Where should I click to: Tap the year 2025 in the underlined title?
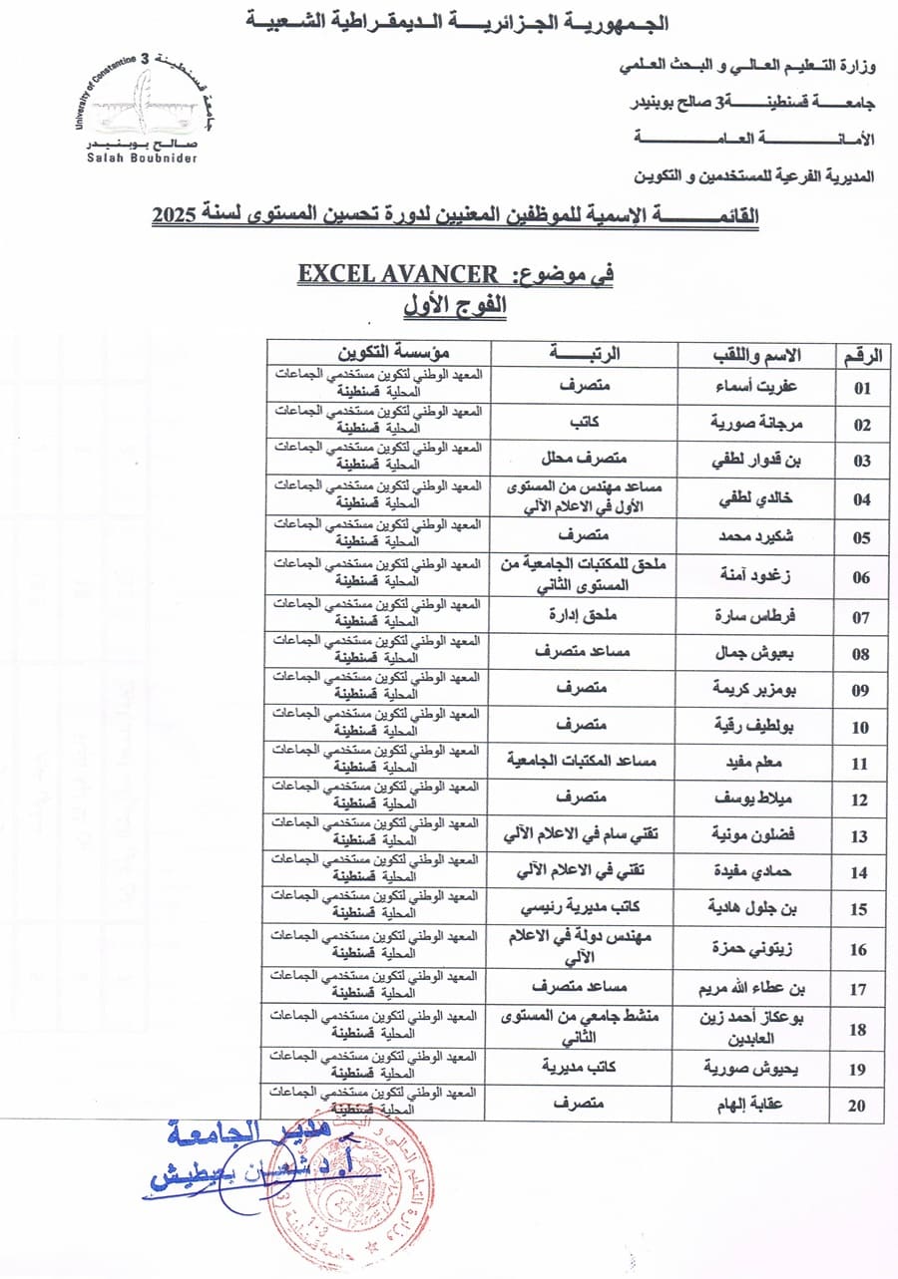177,214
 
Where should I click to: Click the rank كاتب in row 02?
587,423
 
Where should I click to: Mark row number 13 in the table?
859,837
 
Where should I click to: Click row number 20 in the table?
858,1106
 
